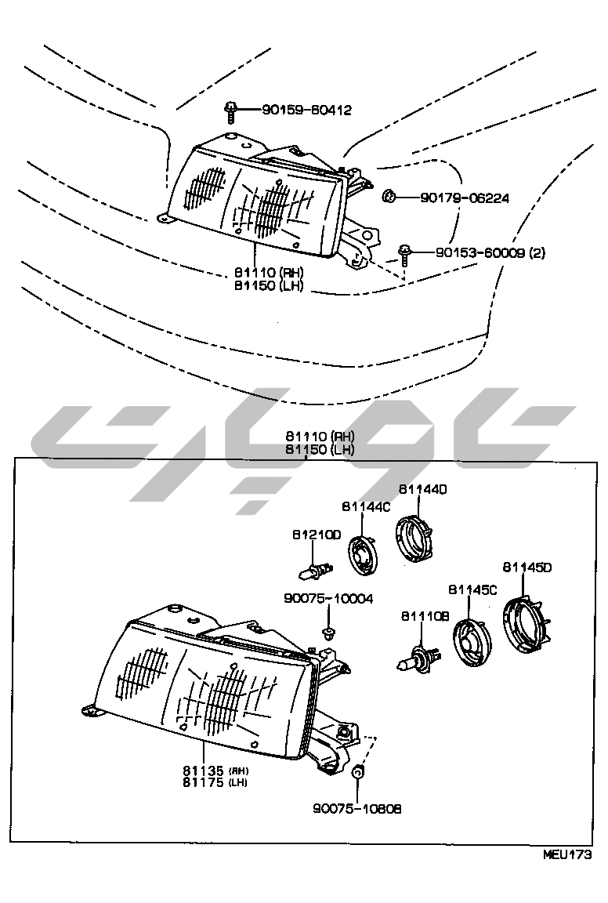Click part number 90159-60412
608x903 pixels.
(296, 110)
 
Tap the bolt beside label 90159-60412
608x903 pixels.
(231, 112)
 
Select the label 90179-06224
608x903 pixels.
(465, 198)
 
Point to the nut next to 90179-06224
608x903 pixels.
(388, 196)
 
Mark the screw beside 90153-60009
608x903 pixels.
(404, 254)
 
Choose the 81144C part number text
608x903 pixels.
(365, 507)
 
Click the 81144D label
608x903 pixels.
(422, 488)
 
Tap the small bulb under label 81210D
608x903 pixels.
(316, 570)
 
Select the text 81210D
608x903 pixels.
(317, 535)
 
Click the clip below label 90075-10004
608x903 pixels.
(328, 630)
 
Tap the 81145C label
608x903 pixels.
(472, 589)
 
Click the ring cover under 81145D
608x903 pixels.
(524, 626)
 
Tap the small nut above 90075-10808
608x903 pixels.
(357, 773)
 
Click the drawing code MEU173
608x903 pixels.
(566, 854)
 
